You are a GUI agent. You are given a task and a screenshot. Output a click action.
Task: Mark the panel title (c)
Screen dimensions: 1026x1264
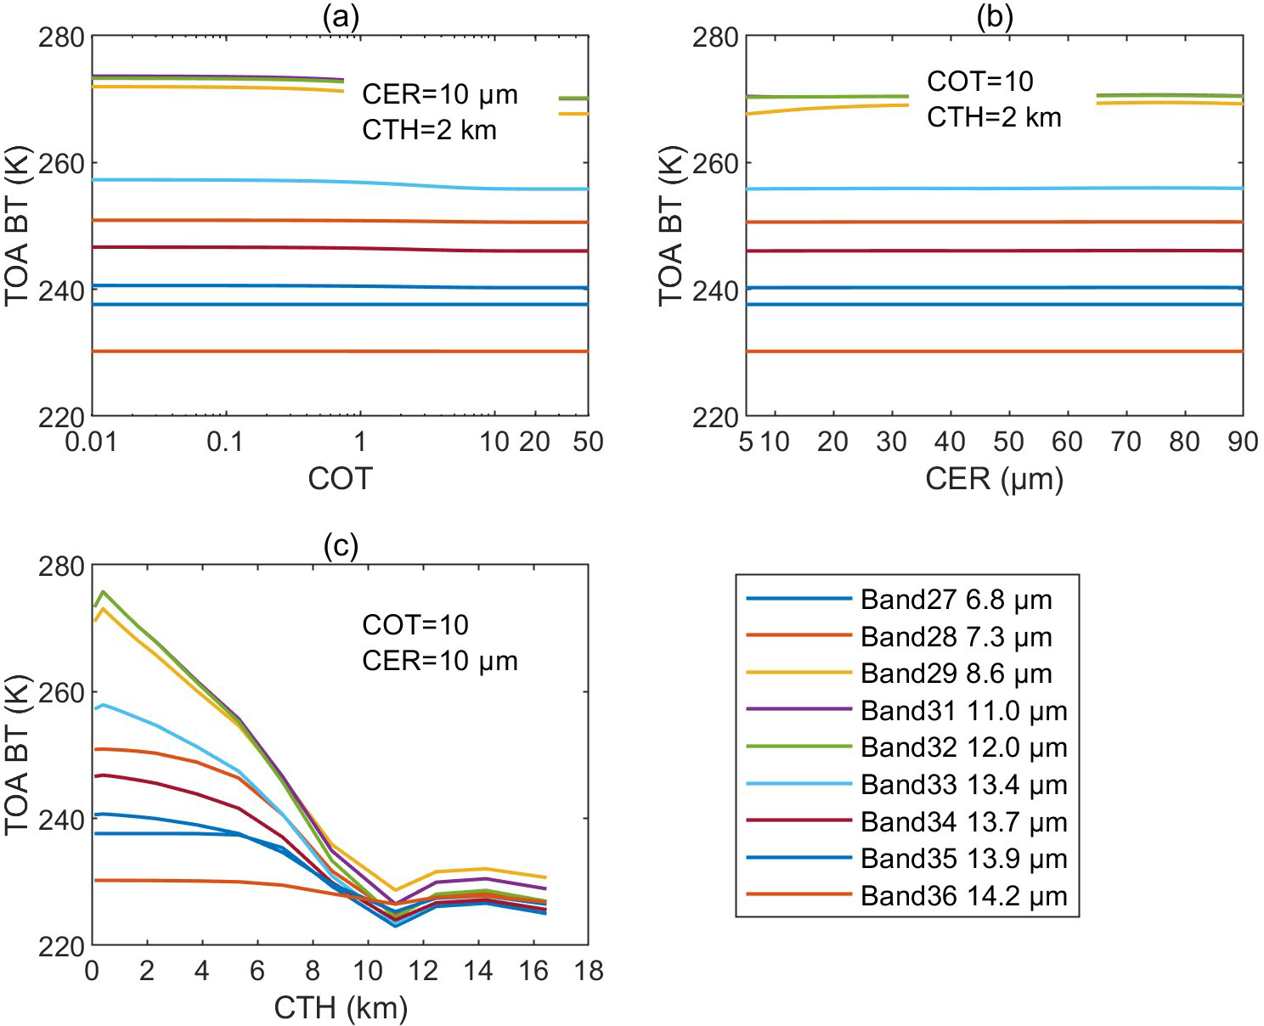(x=340, y=547)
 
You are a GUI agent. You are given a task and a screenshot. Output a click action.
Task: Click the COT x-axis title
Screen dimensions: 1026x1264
(x=340, y=479)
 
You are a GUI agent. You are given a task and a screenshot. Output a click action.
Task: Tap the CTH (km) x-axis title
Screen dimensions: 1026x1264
(x=341, y=1008)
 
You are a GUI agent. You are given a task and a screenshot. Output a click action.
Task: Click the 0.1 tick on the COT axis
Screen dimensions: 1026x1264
(x=224, y=442)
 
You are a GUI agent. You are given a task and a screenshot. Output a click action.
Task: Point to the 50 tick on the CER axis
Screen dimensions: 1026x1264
(x=1008, y=442)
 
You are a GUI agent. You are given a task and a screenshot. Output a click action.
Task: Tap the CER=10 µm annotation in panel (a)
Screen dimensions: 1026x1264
(x=439, y=93)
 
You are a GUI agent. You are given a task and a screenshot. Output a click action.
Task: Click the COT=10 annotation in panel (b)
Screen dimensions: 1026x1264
(x=979, y=82)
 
